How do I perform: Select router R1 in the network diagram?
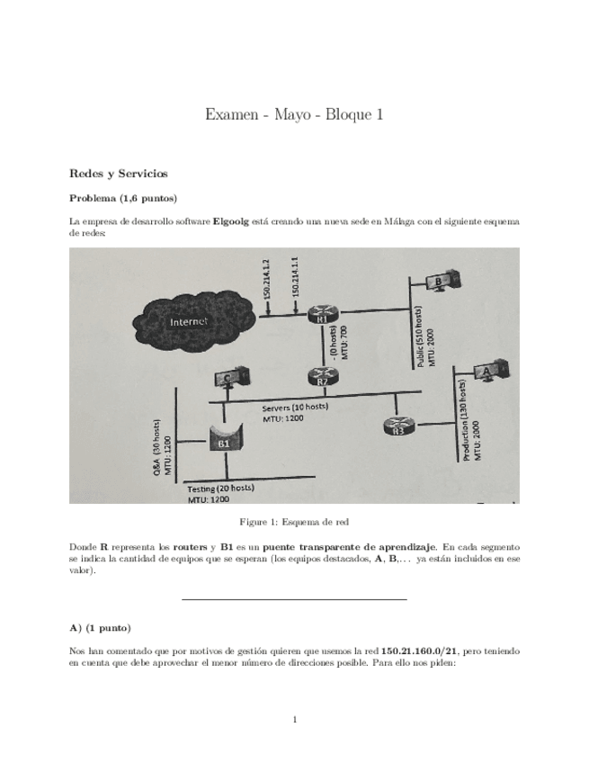320,315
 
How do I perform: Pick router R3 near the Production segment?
397,426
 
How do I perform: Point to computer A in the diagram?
488,370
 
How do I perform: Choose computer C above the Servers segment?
228,378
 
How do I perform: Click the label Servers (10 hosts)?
295,407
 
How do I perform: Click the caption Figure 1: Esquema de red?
293,522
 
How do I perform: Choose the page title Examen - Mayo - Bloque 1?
294,114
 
